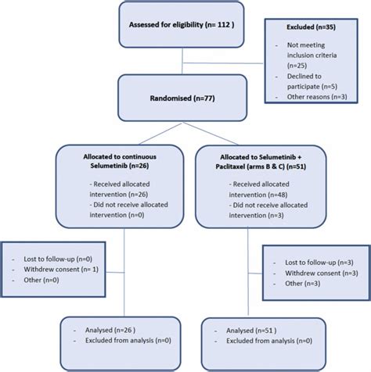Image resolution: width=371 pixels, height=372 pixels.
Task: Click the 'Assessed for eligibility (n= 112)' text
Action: tap(182, 25)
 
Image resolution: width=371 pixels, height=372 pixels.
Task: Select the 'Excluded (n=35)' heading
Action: tap(311, 27)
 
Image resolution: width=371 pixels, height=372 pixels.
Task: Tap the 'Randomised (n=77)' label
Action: tap(182, 98)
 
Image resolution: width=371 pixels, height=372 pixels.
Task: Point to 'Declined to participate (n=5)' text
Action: tap(312, 81)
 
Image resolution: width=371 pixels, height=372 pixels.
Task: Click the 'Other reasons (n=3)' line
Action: tap(317, 97)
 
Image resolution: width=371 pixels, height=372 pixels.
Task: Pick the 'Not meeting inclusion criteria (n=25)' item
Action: tap(312, 55)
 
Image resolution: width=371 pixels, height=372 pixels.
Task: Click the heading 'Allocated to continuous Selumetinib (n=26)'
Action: tap(120, 161)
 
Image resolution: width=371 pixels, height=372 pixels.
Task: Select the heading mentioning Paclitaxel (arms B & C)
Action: tap(261, 162)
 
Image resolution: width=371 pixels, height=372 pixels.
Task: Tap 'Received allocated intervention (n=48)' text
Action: tap(259, 189)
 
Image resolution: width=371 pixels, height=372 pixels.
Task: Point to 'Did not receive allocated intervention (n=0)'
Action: tap(128, 209)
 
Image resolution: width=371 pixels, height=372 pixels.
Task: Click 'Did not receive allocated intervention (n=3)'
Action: tap(268, 210)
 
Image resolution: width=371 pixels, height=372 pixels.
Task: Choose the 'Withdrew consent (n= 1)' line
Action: tap(61, 270)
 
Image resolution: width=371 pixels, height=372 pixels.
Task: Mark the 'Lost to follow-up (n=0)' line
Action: tap(58, 259)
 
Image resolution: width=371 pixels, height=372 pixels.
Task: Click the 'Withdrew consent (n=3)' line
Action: tap(322, 274)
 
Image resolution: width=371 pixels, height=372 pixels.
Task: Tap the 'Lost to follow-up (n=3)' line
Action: tap(319, 263)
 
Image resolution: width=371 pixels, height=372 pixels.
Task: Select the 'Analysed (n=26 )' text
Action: tap(110, 330)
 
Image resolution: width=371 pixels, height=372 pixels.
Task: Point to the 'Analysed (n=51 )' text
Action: tap(251, 331)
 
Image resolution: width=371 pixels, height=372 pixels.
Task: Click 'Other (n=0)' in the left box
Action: tap(41, 280)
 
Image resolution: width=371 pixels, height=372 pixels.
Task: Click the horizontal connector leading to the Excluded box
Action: tap(223, 63)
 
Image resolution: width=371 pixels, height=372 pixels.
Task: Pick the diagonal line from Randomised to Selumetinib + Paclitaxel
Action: tap(211, 134)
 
